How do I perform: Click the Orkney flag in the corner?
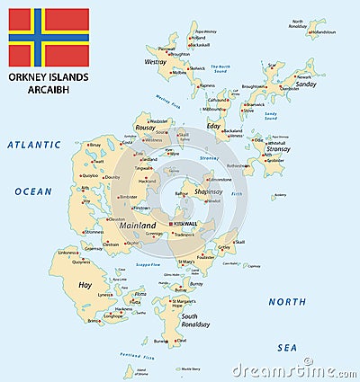tap(49, 38)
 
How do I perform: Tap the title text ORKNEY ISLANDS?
tap(49, 78)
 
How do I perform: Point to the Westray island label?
tap(155, 63)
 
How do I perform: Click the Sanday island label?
tap(306, 84)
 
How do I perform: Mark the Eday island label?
tap(212, 127)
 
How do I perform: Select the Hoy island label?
tap(85, 285)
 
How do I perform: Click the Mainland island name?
tap(138, 225)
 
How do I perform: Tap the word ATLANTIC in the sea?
tap(33, 145)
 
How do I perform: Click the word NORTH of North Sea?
tap(287, 301)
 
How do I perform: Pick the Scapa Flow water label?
tap(148, 265)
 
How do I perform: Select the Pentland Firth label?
tap(137, 357)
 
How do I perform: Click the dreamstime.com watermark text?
tap(288, 369)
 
